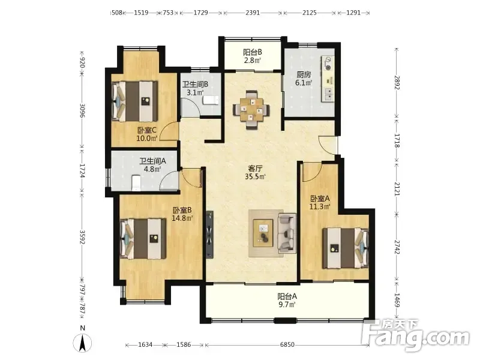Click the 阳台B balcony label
(253, 56)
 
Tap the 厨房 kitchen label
(304, 79)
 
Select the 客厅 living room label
(255, 172)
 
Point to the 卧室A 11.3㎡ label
(320, 202)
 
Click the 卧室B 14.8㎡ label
(182, 214)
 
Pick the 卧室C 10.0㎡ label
(147, 134)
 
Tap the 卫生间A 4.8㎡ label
(153, 164)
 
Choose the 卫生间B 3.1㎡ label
(196, 88)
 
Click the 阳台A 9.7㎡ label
(287, 301)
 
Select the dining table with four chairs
(251, 110)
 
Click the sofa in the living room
(287, 233)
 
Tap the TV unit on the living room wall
(209, 235)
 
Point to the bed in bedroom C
(134, 101)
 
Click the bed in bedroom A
(346, 248)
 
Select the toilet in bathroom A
(136, 183)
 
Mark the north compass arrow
(82, 343)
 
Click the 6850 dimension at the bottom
(287, 344)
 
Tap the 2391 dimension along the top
(253, 13)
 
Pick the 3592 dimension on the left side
(82, 237)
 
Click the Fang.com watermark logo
(415, 335)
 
